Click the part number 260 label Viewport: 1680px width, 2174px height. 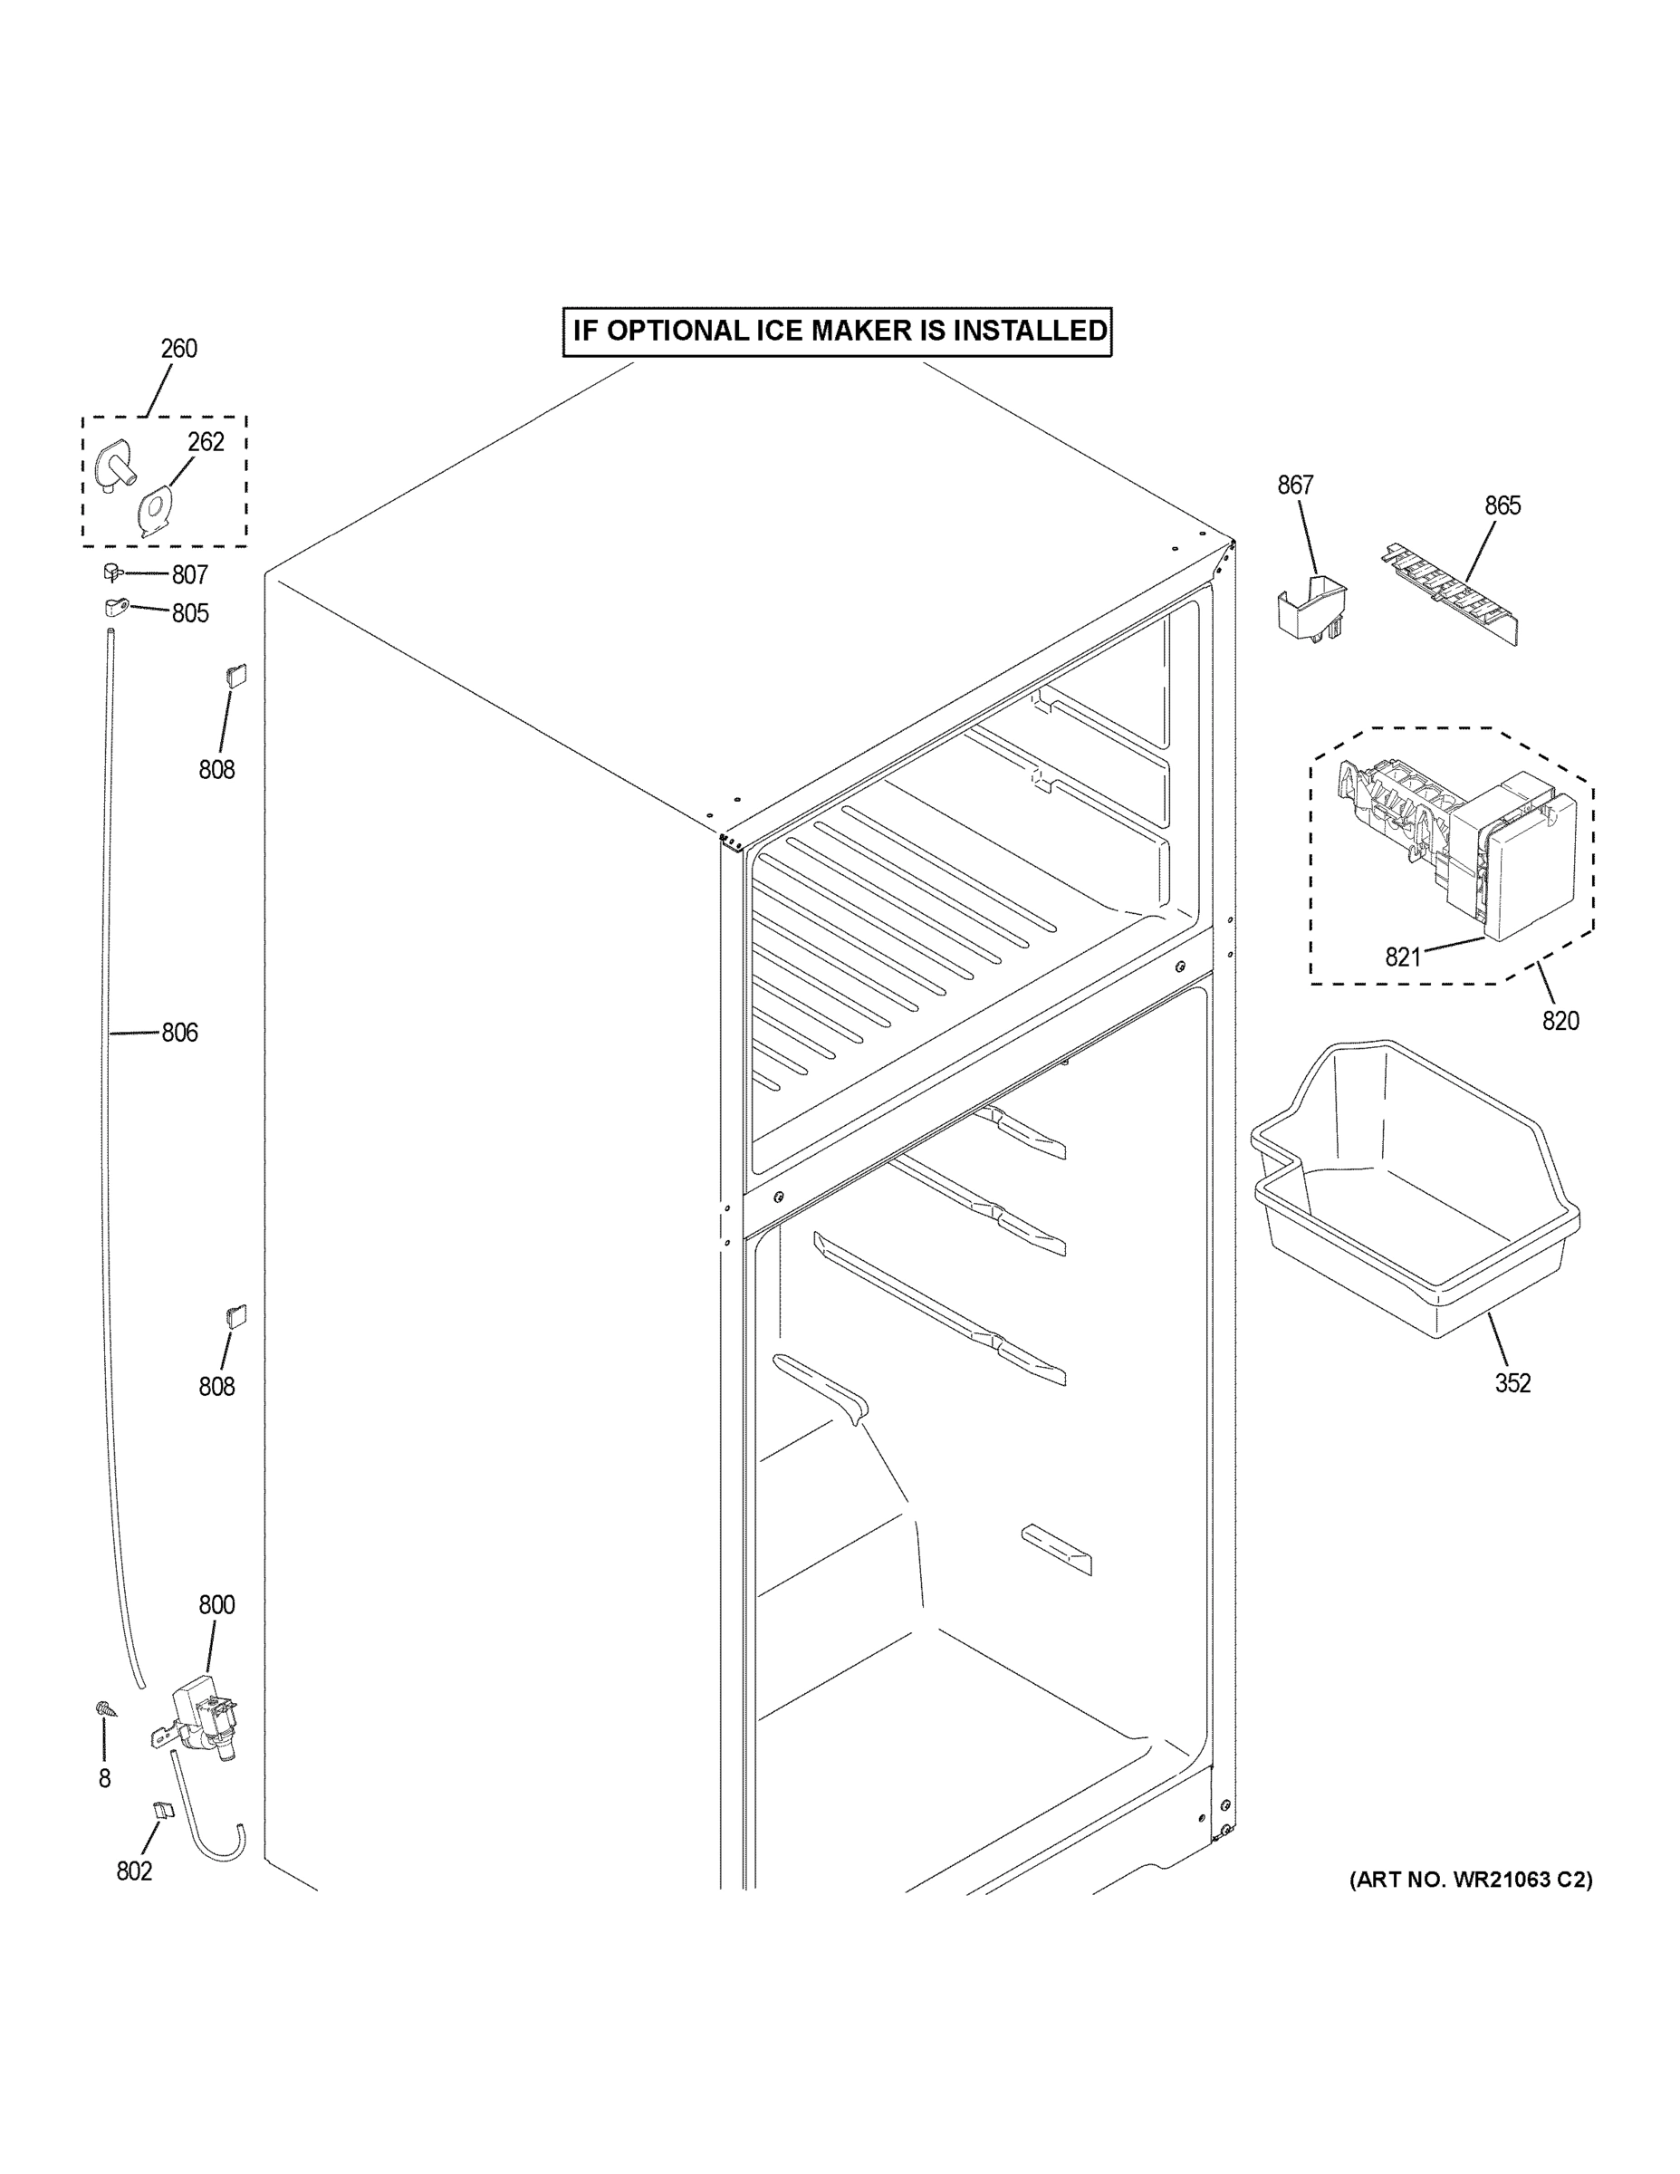pyautogui.click(x=179, y=350)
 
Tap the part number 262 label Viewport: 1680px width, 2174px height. pyautogui.click(x=206, y=442)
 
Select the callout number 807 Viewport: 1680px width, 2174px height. pyautogui.click(x=189, y=575)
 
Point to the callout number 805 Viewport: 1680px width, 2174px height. pyautogui.click(x=189, y=613)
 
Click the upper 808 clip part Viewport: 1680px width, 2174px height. pyautogui.click(x=235, y=676)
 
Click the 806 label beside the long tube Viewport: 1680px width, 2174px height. pyautogui.click(x=179, y=1034)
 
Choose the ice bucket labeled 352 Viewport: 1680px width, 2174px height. pyautogui.click(x=1413, y=1195)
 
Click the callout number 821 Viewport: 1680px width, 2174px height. pyautogui.click(x=1402, y=957)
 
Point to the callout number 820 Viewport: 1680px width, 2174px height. pyautogui.click(x=1560, y=1020)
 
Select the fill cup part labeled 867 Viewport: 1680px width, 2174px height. pyautogui.click(x=1311, y=610)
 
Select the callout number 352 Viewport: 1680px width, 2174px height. pyautogui.click(x=1512, y=1382)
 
